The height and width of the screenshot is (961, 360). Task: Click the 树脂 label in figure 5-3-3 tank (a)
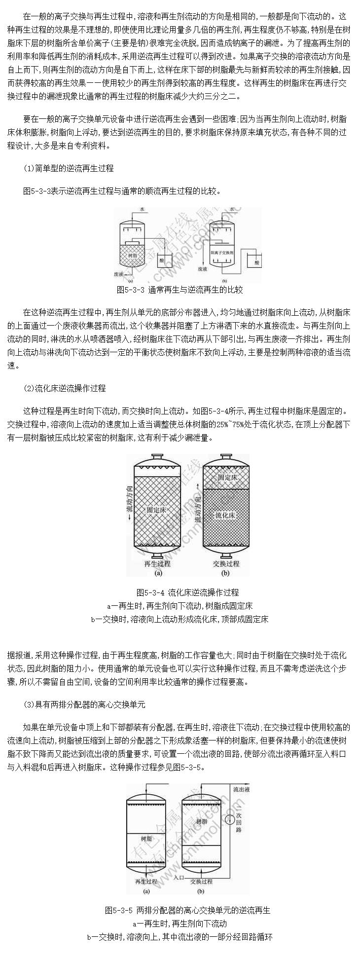tap(132, 255)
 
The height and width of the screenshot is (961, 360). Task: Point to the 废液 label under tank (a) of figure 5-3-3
tap(118, 273)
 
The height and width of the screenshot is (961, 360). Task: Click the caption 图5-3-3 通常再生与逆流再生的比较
tap(180, 290)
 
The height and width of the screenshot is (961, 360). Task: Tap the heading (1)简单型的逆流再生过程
tap(69, 168)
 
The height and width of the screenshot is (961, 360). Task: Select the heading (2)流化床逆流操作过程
tap(65, 388)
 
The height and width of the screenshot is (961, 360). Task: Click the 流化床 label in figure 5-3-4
tap(225, 515)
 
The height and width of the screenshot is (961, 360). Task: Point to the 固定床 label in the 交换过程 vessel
tap(228, 478)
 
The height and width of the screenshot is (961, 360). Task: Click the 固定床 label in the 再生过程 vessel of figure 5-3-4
tap(156, 509)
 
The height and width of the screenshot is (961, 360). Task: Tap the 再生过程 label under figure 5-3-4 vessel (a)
tap(157, 563)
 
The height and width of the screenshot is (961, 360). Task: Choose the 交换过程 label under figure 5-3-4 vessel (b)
tap(226, 563)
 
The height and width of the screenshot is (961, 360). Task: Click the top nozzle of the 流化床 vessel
tap(226, 457)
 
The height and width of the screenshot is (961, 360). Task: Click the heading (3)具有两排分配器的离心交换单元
tap(84, 704)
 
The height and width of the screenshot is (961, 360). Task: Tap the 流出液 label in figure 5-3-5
tap(243, 790)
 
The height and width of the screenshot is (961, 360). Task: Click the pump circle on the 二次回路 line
tap(229, 820)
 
